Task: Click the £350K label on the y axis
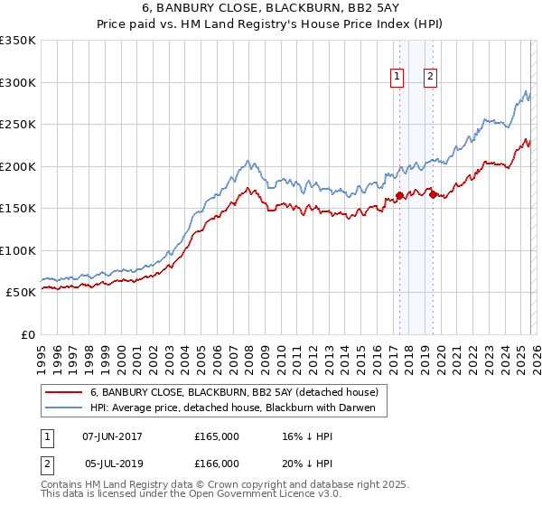tap(18, 41)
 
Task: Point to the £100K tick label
tap(18, 250)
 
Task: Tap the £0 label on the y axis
tap(27, 334)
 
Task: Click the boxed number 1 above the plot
tap(397, 78)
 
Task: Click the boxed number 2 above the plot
tap(430, 78)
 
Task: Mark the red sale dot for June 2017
tap(399, 195)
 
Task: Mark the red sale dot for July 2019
tap(433, 194)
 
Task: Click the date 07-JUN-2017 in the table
tap(112, 436)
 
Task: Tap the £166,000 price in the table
tap(216, 463)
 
